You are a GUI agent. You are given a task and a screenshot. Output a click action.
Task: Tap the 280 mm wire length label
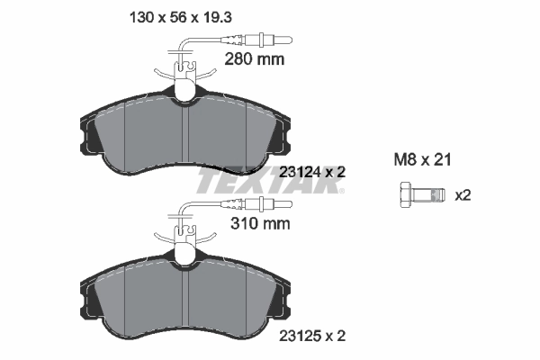coord(253,59)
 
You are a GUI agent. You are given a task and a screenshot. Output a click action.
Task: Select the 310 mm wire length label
coord(253,225)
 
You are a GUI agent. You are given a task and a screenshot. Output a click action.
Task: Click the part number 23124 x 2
coord(312,171)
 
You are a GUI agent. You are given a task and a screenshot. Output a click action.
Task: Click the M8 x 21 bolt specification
coord(422,159)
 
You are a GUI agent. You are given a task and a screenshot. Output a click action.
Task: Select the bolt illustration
coord(418,194)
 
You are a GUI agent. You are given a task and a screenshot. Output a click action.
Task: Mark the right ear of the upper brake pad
coord(283,135)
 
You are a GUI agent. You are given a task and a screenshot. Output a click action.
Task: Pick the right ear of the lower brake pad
coord(283,300)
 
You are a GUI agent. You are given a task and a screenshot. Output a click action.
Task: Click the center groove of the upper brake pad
coord(184,135)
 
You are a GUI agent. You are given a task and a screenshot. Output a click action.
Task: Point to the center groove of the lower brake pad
coord(184,301)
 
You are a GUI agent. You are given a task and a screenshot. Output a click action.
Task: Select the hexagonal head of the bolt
coord(404,194)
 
